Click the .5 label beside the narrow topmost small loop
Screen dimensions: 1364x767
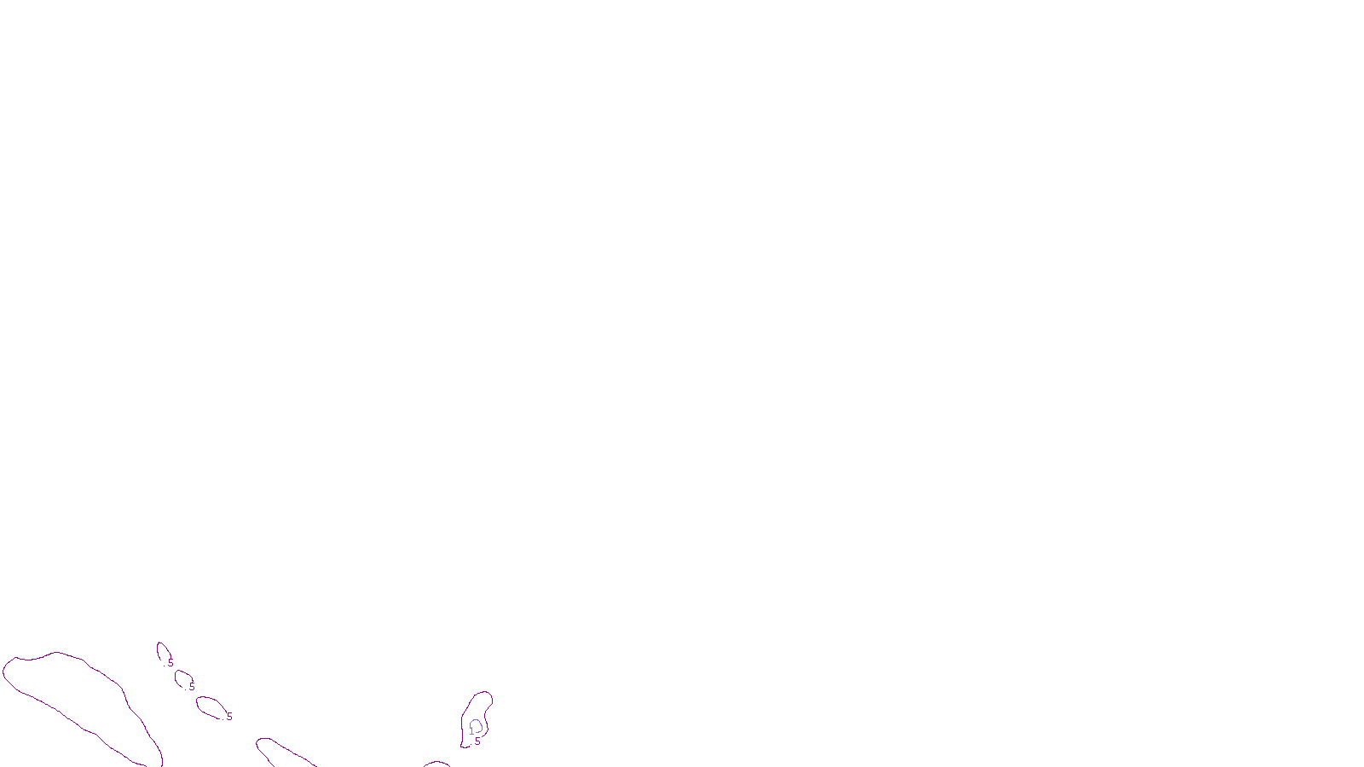[x=170, y=663]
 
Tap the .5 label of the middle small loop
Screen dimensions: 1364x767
[x=191, y=687]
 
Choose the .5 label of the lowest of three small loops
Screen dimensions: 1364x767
[x=228, y=718]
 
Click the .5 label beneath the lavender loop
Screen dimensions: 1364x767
[x=477, y=741]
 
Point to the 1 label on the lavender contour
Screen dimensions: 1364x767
[x=471, y=731]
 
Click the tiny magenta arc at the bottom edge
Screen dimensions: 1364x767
[x=436, y=763]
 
